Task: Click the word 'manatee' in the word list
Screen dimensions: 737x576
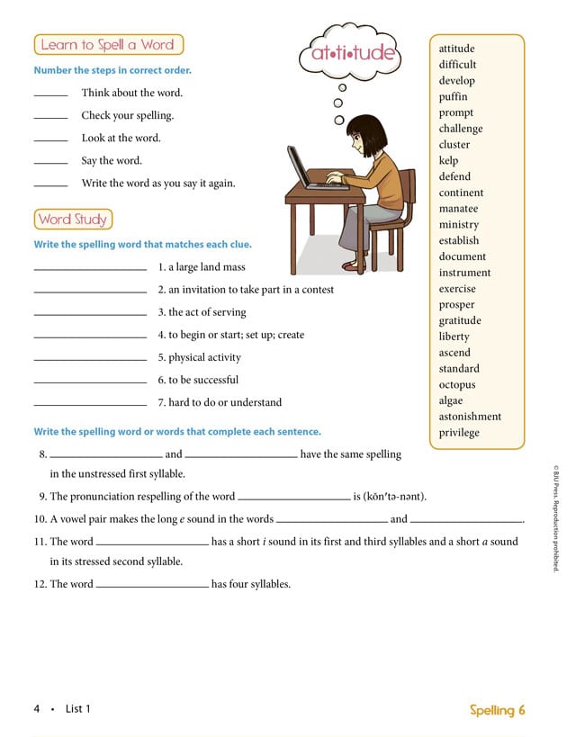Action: click(x=458, y=209)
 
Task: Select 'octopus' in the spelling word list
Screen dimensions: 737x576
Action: click(x=456, y=385)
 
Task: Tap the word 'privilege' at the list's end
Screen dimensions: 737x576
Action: click(x=459, y=433)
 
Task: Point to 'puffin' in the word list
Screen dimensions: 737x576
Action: click(x=453, y=97)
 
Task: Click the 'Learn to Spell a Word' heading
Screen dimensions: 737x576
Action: click(x=107, y=44)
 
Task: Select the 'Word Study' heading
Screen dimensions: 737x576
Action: click(x=73, y=219)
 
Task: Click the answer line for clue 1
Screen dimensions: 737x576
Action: click(x=89, y=269)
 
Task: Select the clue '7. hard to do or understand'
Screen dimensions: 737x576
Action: click(x=220, y=402)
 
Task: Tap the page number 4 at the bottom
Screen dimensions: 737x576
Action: click(x=37, y=709)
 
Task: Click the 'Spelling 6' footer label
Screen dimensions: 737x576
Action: click(x=497, y=710)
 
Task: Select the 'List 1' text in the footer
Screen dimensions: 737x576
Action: click(x=78, y=709)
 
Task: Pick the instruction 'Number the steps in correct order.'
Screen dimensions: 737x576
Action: click(x=112, y=70)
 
